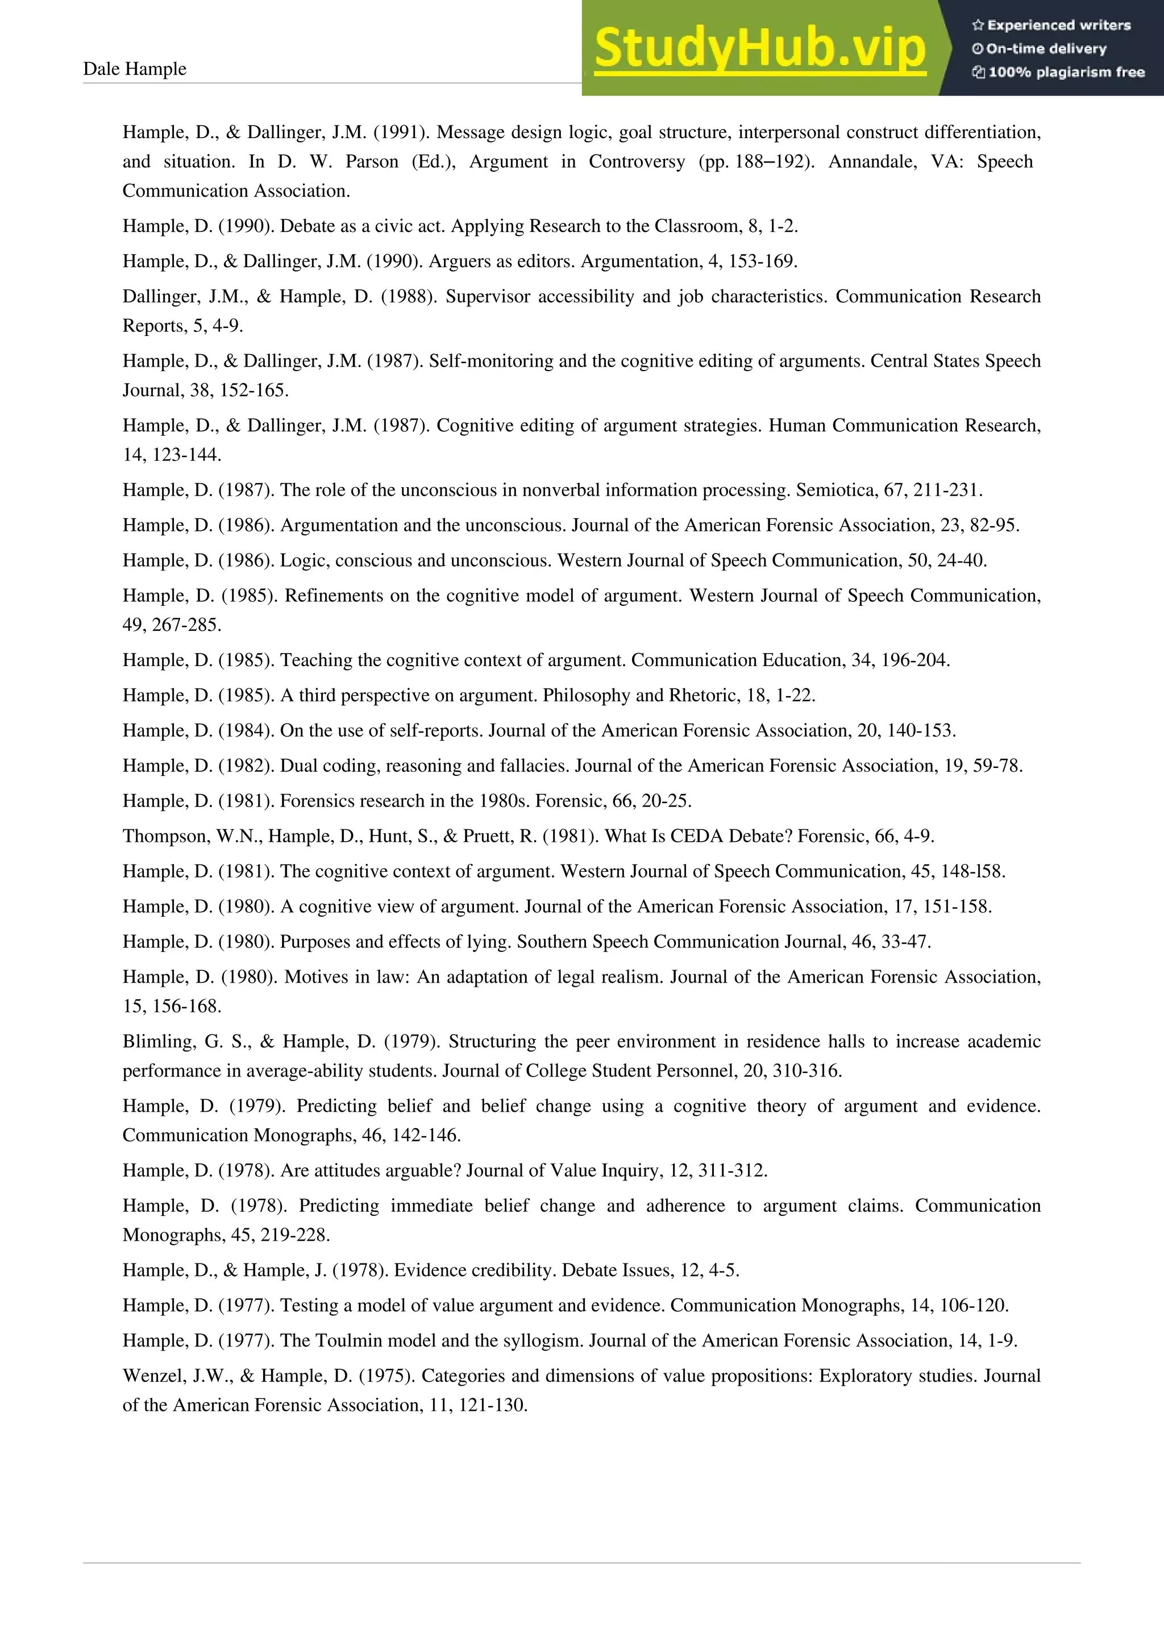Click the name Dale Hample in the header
point(135,69)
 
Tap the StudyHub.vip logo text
point(760,49)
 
